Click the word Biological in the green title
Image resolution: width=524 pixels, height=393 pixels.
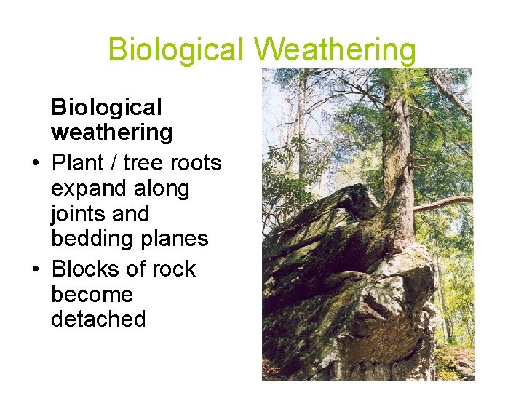176,50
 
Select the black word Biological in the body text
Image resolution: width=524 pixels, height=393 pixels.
106,108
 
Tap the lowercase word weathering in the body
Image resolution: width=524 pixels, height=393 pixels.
111,132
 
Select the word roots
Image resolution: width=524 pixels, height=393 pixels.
194,162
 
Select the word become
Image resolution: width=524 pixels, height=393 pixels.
92,294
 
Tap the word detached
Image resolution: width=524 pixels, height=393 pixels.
98,319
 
